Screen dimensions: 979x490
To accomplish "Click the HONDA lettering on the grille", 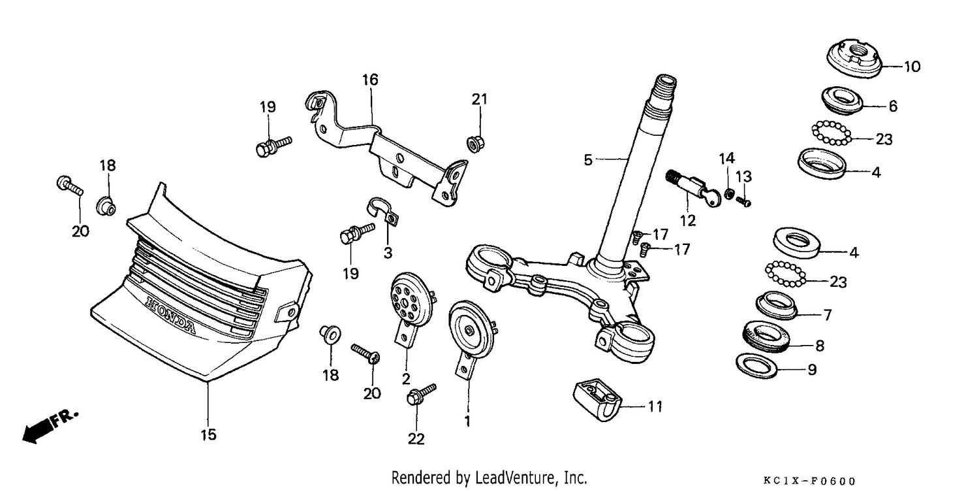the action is (x=170, y=316).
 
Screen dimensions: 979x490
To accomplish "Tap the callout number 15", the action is (x=208, y=435).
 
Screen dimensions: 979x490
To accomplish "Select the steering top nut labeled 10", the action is (x=854, y=59).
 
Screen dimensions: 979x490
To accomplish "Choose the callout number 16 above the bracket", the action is (x=370, y=80).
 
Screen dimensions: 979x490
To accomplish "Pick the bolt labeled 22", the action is (x=421, y=394).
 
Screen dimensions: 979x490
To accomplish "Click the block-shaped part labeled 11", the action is (x=597, y=400).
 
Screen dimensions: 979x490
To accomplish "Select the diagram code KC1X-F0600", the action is (x=809, y=482).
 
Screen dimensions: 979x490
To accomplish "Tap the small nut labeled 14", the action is (x=728, y=193).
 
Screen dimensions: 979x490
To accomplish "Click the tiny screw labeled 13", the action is (x=743, y=202).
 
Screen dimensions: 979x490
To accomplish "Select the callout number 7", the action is (x=828, y=315).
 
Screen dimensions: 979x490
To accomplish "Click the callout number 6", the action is (x=893, y=106).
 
